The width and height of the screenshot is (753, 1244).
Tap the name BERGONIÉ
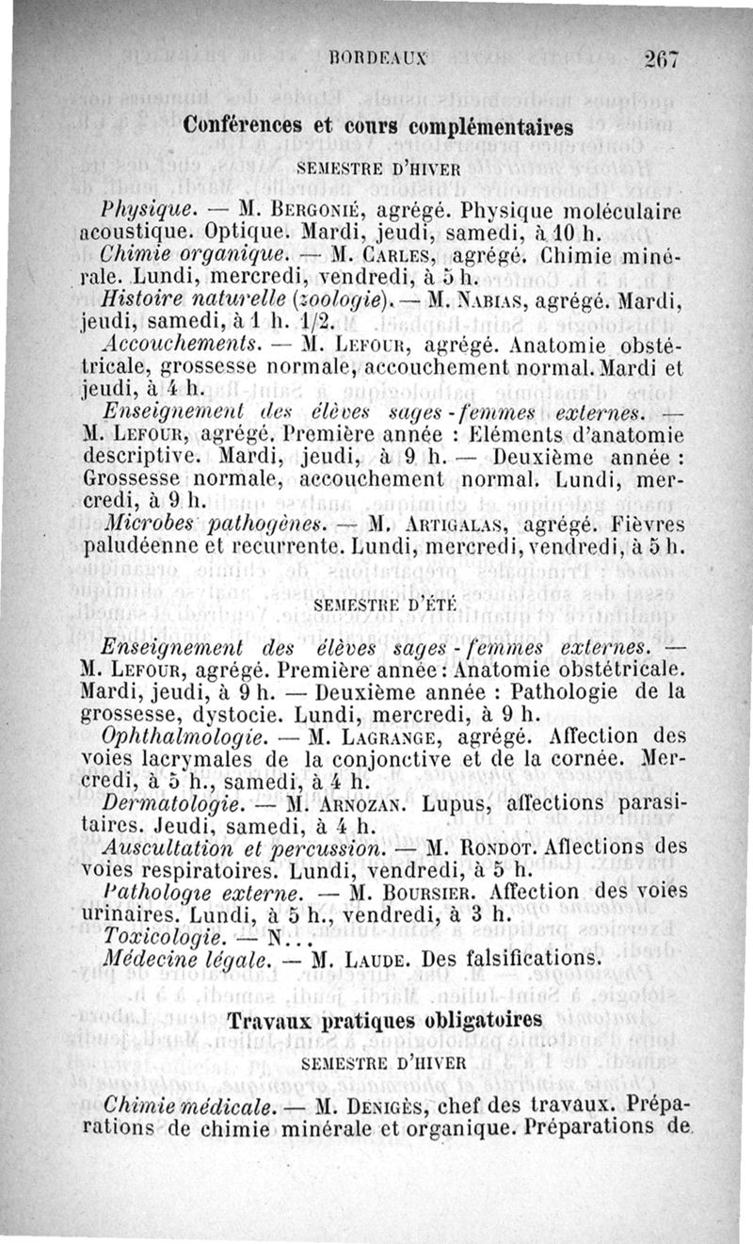click(302, 205)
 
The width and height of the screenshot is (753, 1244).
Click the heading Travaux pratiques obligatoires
click(386, 1021)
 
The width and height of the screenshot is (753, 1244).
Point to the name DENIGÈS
click(407, 1101)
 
